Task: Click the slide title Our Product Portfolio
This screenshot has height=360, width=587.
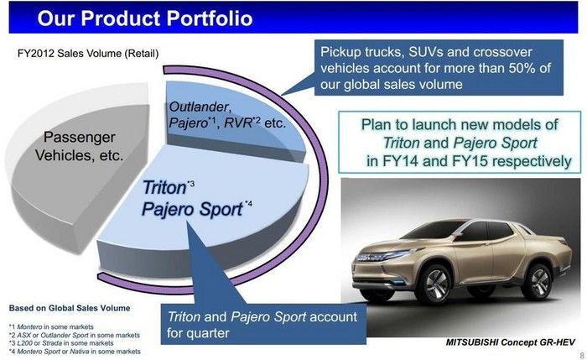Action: tap(145, 18)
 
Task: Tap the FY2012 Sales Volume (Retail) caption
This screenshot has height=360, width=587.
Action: tap(88, 54)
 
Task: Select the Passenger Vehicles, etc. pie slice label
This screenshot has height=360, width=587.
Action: tap(80, 146)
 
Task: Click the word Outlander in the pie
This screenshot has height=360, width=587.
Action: tap(199, 107)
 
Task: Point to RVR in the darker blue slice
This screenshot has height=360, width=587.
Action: tap(237, 123)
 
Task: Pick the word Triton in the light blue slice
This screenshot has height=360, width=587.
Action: tap(164, 187)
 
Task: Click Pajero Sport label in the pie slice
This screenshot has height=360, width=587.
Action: tap(192, 209)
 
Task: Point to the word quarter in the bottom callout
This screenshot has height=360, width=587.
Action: tap(209, 333)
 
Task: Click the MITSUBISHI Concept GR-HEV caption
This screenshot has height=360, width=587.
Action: tap(510, 342)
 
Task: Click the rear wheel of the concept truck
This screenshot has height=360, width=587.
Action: tap(538, 282)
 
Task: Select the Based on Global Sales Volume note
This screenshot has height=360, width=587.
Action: tap(70, 308)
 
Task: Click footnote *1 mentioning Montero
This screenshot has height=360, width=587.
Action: tap(51, 327)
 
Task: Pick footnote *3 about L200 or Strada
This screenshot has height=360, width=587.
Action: tap(61, 343)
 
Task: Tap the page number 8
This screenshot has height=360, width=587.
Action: tap(582, 355)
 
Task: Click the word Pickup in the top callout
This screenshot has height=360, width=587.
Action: tap(338, 52)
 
